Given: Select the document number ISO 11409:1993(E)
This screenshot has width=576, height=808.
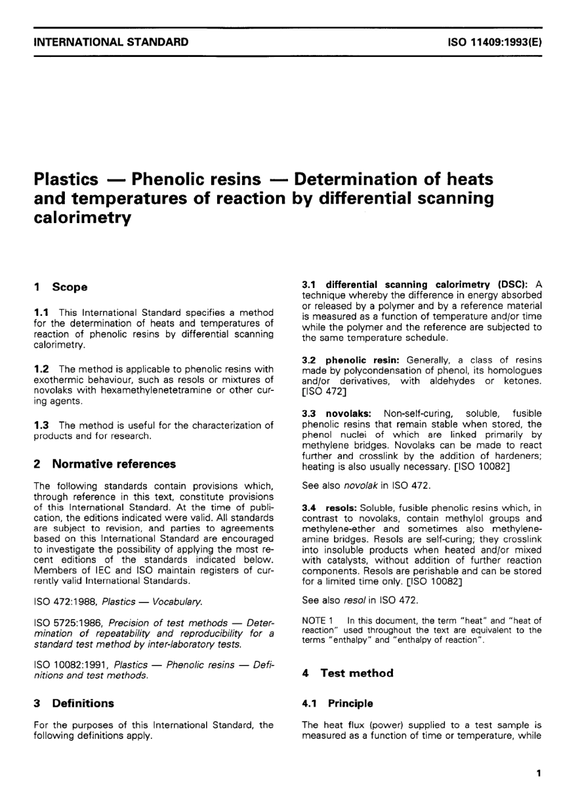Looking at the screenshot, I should tap(494, 42).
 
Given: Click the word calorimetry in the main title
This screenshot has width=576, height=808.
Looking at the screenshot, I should tap(82, 218).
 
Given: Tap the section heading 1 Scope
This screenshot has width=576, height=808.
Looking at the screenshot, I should tap(61, 287).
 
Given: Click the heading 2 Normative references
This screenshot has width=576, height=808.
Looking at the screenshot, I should tap(105, 464).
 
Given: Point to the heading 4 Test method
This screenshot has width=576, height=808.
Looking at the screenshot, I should tap(348, 673).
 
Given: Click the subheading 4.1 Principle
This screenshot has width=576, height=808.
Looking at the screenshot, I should tap(338, 703).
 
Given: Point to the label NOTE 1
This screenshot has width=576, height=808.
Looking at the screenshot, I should tap(318, 620).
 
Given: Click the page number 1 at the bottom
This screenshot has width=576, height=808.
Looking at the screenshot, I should tap(538, 773).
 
